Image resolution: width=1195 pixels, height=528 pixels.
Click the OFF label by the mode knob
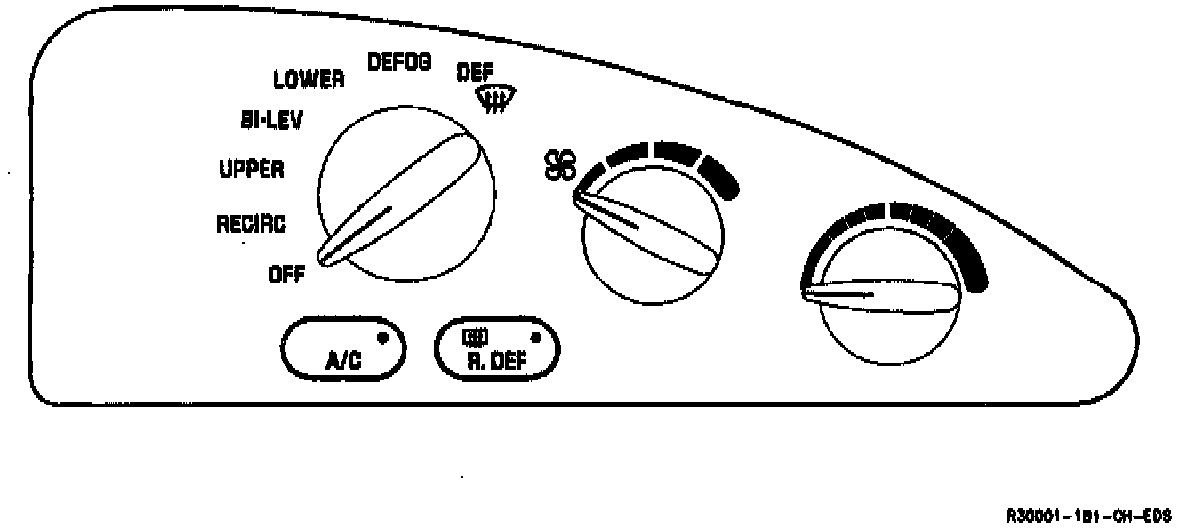[286, 275]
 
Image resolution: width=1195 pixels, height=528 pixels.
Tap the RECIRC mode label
[252, 225]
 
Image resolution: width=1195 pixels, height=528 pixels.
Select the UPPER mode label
[252, 170]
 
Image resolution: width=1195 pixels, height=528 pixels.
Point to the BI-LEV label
[270, 120]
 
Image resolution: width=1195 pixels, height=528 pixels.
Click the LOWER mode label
[309, 80]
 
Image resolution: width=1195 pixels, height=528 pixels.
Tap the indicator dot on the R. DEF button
[535, 337]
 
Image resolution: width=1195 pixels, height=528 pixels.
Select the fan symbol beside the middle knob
[560, 165]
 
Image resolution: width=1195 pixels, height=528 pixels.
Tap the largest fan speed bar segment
[719, 177]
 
